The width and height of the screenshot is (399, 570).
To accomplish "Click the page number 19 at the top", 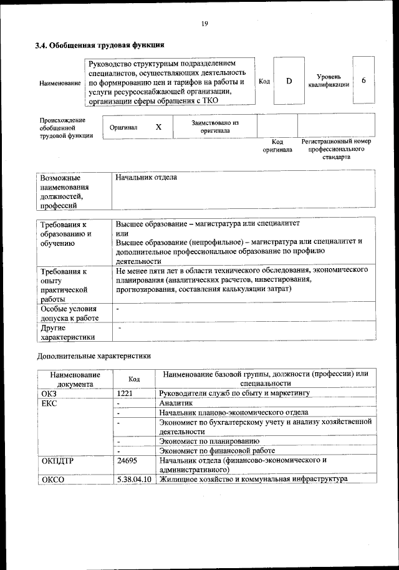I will (x=204, y=24).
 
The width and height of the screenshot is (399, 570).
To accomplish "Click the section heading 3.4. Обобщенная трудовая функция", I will (x=99, y=45).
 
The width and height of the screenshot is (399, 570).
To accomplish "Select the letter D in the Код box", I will (x=289, y=81).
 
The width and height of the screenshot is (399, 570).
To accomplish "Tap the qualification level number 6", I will (x=363, y=80).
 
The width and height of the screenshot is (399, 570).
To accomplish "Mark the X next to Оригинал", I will (x=158, y=127).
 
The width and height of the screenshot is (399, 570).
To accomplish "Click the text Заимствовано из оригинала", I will (x=215, y=127).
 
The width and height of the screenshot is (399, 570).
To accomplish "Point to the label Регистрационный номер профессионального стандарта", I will (x=336, y=149).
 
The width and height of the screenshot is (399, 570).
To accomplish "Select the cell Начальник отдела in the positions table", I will (x=147, y=178).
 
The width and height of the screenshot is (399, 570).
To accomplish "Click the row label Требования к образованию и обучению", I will (x=66, y=234).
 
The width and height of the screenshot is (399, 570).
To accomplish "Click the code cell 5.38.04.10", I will (x=134, y=480).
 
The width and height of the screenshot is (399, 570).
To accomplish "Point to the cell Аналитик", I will (x=176, y=403).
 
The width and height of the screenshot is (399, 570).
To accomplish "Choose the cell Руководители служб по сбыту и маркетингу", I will (x=234, y=394).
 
